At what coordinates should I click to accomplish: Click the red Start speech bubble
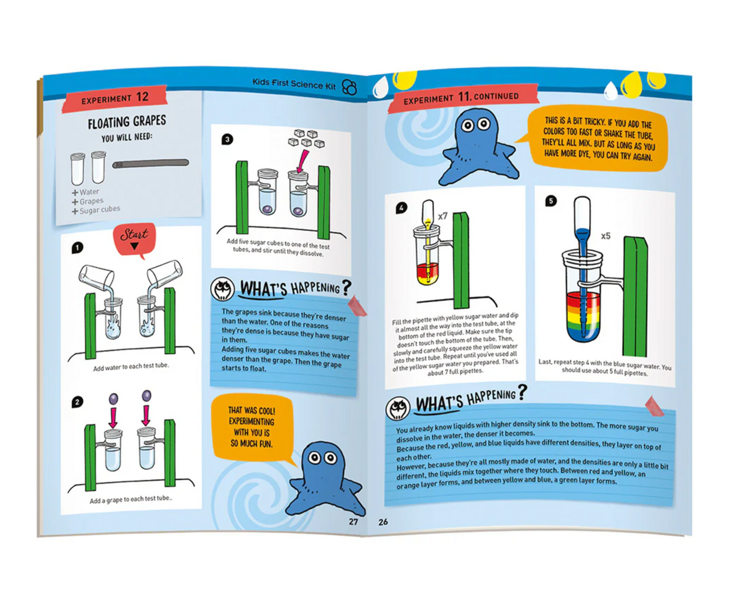(133, 237)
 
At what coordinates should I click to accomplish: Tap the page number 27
(353, 521)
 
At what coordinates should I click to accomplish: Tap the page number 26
(383, 522)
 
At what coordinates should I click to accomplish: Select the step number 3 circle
(228, 139)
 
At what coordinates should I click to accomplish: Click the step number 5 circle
(551, 201)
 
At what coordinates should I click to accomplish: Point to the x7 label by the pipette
(443, 215)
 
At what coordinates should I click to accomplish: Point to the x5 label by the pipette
(606, 236)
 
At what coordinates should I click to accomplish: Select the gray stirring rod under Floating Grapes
(151, 163)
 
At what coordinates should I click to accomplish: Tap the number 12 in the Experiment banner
(142, 97)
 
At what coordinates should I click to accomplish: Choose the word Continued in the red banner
(496, 96)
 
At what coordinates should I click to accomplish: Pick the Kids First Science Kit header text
(294, 84)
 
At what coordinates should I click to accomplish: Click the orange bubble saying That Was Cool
(251, 427)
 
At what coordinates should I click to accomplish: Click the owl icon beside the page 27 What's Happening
(223, 290)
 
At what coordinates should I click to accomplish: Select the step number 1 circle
(77, 248)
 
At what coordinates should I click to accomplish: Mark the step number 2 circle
(77, 402)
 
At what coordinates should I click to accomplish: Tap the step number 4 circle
(402, 208)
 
